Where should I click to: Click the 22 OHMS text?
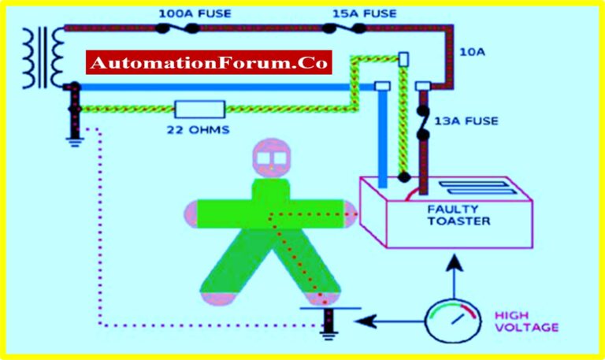click(200, 129)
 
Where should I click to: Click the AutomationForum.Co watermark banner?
click(209, 62)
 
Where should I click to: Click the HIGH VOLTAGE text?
click(526, 321)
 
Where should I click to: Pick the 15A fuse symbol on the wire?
click(343, 28)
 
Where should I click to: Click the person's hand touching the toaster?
click(347, 213)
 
